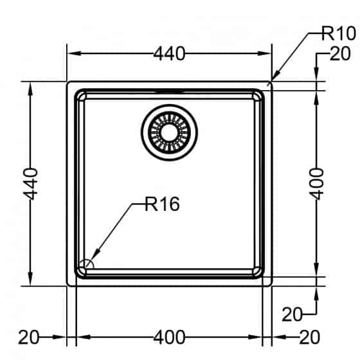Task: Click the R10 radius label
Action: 339,33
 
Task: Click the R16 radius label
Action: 162,204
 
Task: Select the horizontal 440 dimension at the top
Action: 169,54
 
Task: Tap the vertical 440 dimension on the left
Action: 31,184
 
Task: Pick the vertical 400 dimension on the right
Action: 316,184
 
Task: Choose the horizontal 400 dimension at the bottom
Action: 169,337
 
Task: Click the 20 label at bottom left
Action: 29,337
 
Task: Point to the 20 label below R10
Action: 340,53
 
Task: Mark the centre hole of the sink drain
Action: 170,132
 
